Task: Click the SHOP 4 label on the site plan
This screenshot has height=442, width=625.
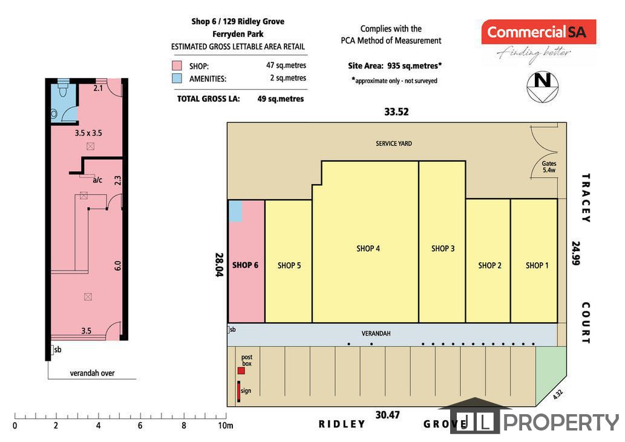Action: [x=368, y=248]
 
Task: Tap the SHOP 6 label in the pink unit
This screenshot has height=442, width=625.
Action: [x=245, y=265]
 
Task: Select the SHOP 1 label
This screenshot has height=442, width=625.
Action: [x=537, y=265]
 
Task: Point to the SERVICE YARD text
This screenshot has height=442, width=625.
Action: [x=394, y=143]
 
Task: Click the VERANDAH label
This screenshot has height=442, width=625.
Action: [x=376, y=333]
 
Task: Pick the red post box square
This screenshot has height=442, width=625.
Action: [x=241, y=371]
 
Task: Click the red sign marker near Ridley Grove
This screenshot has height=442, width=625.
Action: [x=239, y=391]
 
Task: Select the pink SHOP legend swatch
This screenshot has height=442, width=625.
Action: [x=177, y=65]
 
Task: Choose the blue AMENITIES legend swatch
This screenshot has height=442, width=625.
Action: [x=177, y=78]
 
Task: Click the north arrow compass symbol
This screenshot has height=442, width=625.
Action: [x=543, y=87]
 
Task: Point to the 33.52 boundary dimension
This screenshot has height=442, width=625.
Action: [x=396, y=111]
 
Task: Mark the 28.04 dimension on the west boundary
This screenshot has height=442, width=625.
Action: [x=219, y=265]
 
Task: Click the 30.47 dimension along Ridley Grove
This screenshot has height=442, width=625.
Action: [x=387, y=415]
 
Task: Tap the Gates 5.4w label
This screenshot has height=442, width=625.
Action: [x=549, y=167]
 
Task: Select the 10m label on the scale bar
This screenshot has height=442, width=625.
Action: [x=225, y=426]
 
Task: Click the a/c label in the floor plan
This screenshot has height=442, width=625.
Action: [x=97, y=180]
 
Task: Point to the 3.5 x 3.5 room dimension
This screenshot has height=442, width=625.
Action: [x=88, y=133]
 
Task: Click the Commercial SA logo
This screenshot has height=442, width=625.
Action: [x=538, y=32]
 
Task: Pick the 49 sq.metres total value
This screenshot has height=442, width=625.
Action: [x=281, y=99]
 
